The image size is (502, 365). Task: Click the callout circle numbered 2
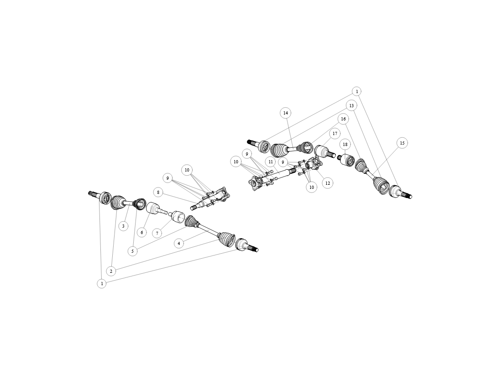pos(111,271)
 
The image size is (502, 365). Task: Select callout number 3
pos(123,226)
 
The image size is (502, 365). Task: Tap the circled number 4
pos(178,243)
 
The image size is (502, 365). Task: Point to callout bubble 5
pos(132,251)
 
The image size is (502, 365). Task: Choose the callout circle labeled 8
pos(158,193)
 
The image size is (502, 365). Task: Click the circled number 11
pos(271,162)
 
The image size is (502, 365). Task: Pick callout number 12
pos(328,183)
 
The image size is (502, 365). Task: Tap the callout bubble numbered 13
pos(351,106)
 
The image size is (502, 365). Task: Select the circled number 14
pos(286,113)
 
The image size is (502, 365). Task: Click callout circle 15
pos(402,143)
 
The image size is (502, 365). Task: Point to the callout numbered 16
pos(343,119)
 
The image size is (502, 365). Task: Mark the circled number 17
pos(335,134)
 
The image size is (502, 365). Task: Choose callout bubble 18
pos(345,145)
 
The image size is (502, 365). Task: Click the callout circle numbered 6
pos(142,233)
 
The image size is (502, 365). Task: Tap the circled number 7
pos(157,234)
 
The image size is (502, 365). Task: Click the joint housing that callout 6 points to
pos(153,208)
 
